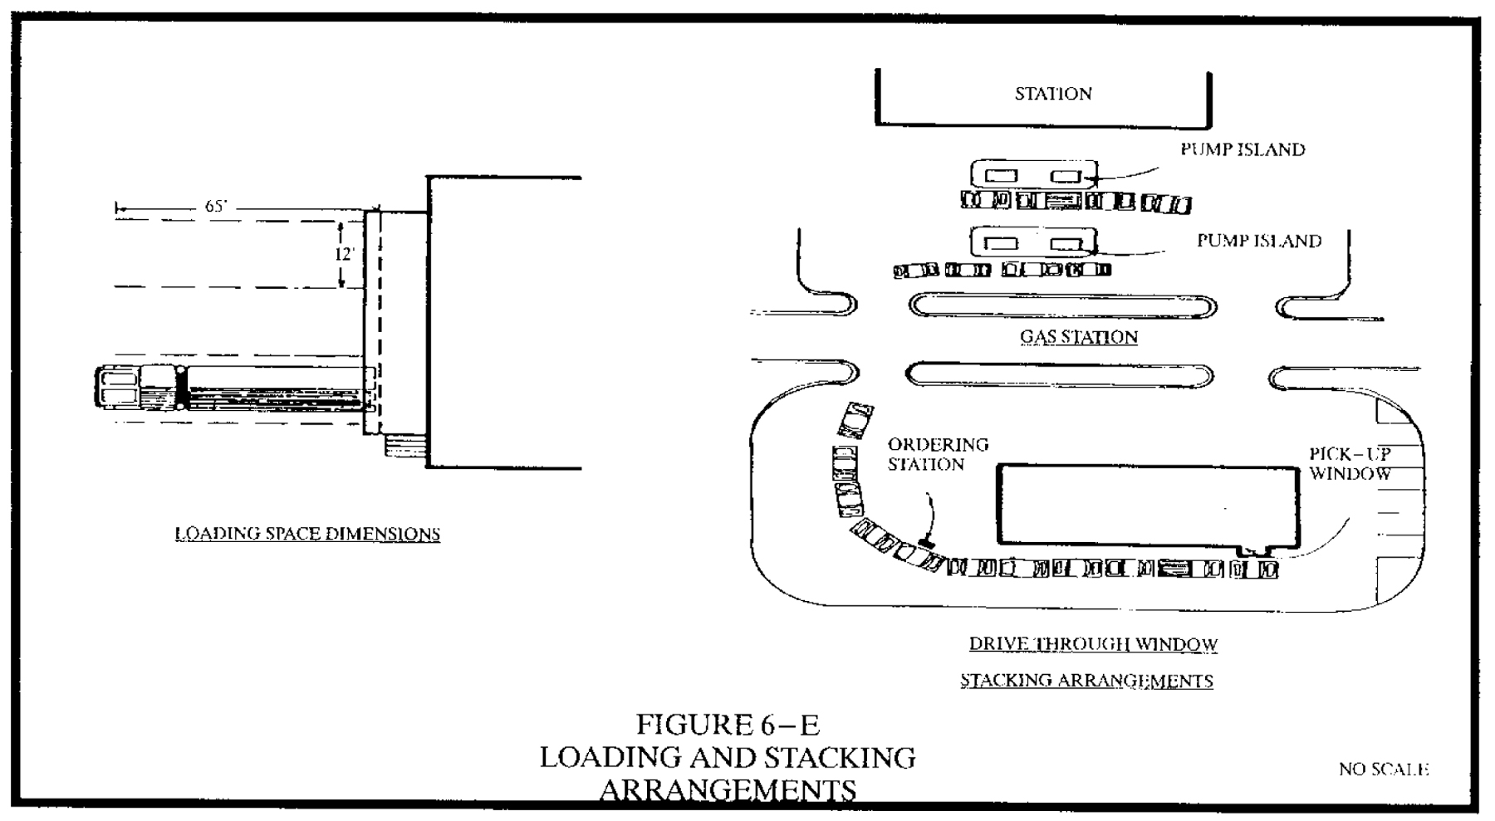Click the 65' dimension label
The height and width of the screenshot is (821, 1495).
[215, 207]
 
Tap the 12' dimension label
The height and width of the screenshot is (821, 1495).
[344, 254]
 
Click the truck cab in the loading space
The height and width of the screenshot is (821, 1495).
[118, 389]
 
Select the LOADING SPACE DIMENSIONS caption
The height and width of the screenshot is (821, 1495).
[307, 534]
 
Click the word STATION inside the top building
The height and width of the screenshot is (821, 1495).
[1053, 94]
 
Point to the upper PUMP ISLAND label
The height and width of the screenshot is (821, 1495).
[1243, 149]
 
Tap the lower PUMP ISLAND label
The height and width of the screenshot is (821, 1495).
[1258, 241]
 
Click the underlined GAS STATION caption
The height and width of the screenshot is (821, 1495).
[1079, 337]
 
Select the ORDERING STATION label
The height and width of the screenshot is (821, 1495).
[938, 454]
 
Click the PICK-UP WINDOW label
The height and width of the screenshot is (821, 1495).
[1350, 464]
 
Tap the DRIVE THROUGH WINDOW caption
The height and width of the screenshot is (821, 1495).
[1093, 644]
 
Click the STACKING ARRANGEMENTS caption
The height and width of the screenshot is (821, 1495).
[1086, 681]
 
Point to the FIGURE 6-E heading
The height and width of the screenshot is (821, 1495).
[728, 725]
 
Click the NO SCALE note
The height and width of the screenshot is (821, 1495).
[1383, 770]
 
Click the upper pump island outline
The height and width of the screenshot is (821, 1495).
[1034, 175]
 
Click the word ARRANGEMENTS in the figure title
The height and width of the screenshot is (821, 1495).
[728, 789]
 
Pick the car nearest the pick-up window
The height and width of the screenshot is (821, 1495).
[1267, 569]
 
